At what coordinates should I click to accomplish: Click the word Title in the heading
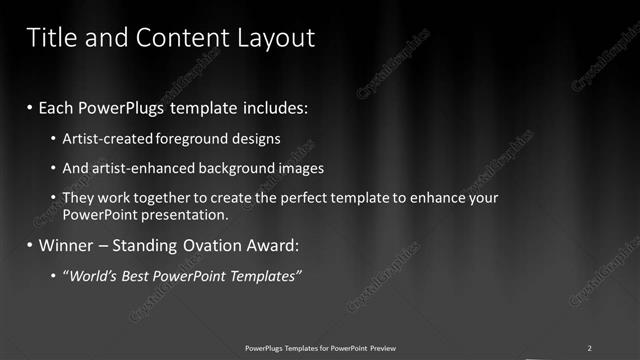pyautogui.click(x=49, y=38)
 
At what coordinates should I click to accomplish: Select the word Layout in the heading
pyautogui.click(x=272, y=38)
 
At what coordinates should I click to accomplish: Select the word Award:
pyautogui.click(x=272, y=245)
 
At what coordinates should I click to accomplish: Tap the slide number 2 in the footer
pyautogui.click(x=589, y=348)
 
